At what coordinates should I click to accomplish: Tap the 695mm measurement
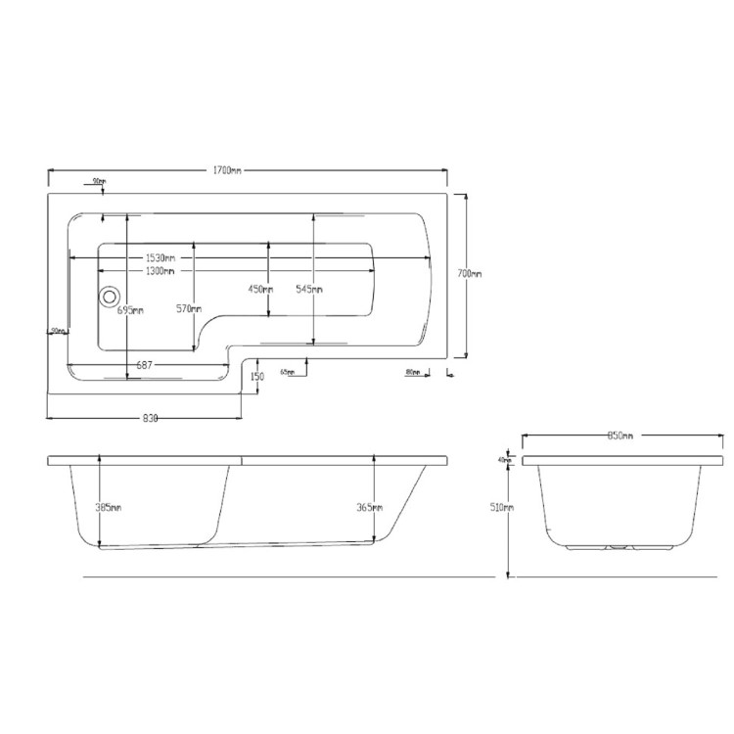click(130, 310)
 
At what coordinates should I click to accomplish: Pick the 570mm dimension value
click(190, 310)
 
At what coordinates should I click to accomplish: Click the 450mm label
click(258, 289)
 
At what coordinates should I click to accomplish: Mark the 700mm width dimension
click(470, 274)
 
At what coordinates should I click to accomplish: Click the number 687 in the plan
click(144, 365)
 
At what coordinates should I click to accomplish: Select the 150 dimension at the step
click(257, 377)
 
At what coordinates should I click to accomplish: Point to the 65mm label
click(288, 372)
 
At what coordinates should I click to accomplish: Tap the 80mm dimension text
click(412, 372)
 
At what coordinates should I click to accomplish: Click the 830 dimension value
click(150, 419)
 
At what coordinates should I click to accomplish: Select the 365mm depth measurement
click(370, 507)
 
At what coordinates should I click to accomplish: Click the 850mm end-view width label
click(620, 436)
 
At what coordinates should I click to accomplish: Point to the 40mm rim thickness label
click(505, 459)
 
